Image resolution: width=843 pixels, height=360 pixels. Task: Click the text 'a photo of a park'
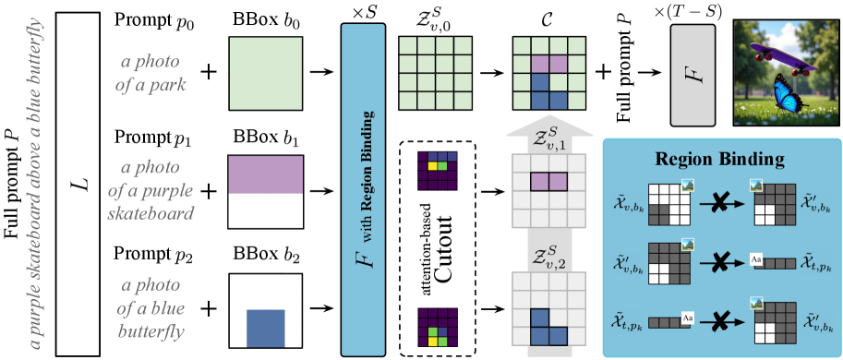pos(155,76)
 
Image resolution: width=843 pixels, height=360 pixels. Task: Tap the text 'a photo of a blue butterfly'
pos(153,307)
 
